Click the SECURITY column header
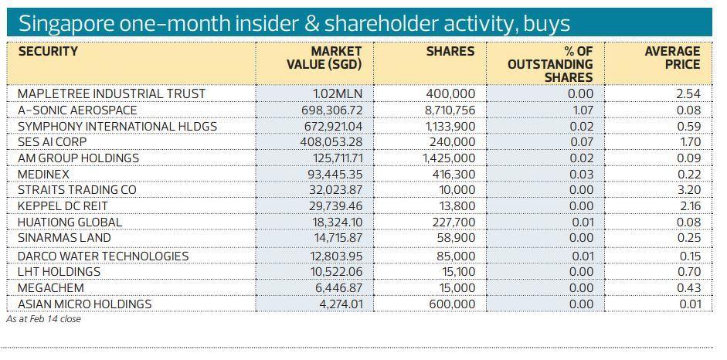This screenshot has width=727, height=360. pos(48,52)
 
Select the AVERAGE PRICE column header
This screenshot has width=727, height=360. pos(672,58)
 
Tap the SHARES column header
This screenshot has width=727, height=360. pos(450,52)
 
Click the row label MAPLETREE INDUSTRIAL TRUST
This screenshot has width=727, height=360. pos(111,93)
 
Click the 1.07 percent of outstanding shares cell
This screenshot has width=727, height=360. pos(583,110)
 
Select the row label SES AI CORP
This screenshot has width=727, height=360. pos(52,142)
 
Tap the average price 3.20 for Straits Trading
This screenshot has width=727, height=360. pos(688,190)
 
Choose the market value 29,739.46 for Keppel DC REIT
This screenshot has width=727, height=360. pos(331,206)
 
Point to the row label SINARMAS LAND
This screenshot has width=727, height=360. pos(64,238)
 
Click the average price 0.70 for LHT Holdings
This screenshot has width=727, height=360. pos(688,272)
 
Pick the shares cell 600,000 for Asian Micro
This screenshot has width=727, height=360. pos(451,304)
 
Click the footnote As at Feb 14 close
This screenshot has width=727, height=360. pos(43,318)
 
